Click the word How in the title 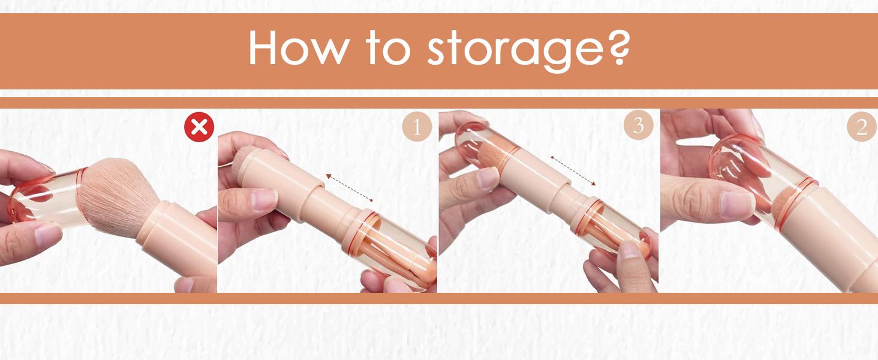tap(298, 47)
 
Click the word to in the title tap(388, 47)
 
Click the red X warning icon tap(199, 127)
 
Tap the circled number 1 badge tap(417, 127)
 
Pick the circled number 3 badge tap(639, 125)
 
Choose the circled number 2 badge tap(862, 126)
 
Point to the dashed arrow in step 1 tap(349, 188)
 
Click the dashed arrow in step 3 tap(573, 171)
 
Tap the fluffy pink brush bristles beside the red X tap(118, 196)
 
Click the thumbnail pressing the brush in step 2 tap(737, 204)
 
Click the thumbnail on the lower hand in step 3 tap(629, 250)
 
